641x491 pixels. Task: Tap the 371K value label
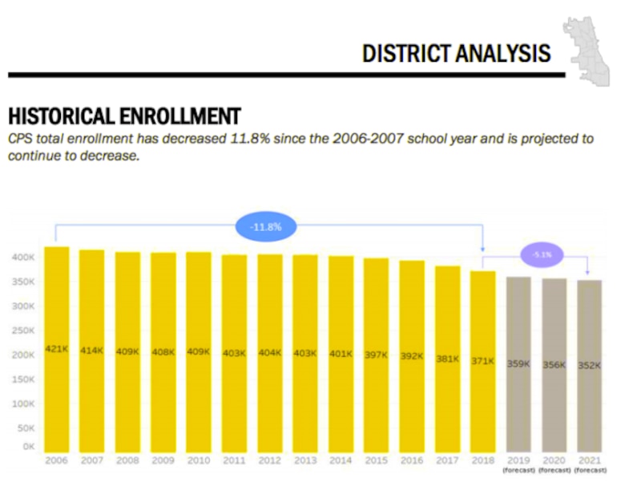point(482,361)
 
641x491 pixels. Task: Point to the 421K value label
point(56,349)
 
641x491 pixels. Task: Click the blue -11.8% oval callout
point(265,228)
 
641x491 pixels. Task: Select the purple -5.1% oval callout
point(542,254)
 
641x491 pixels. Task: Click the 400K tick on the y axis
point(22,258)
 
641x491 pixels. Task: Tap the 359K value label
point(518,363)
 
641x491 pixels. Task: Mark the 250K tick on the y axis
point(22,331)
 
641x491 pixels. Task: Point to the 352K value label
point(589,364)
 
